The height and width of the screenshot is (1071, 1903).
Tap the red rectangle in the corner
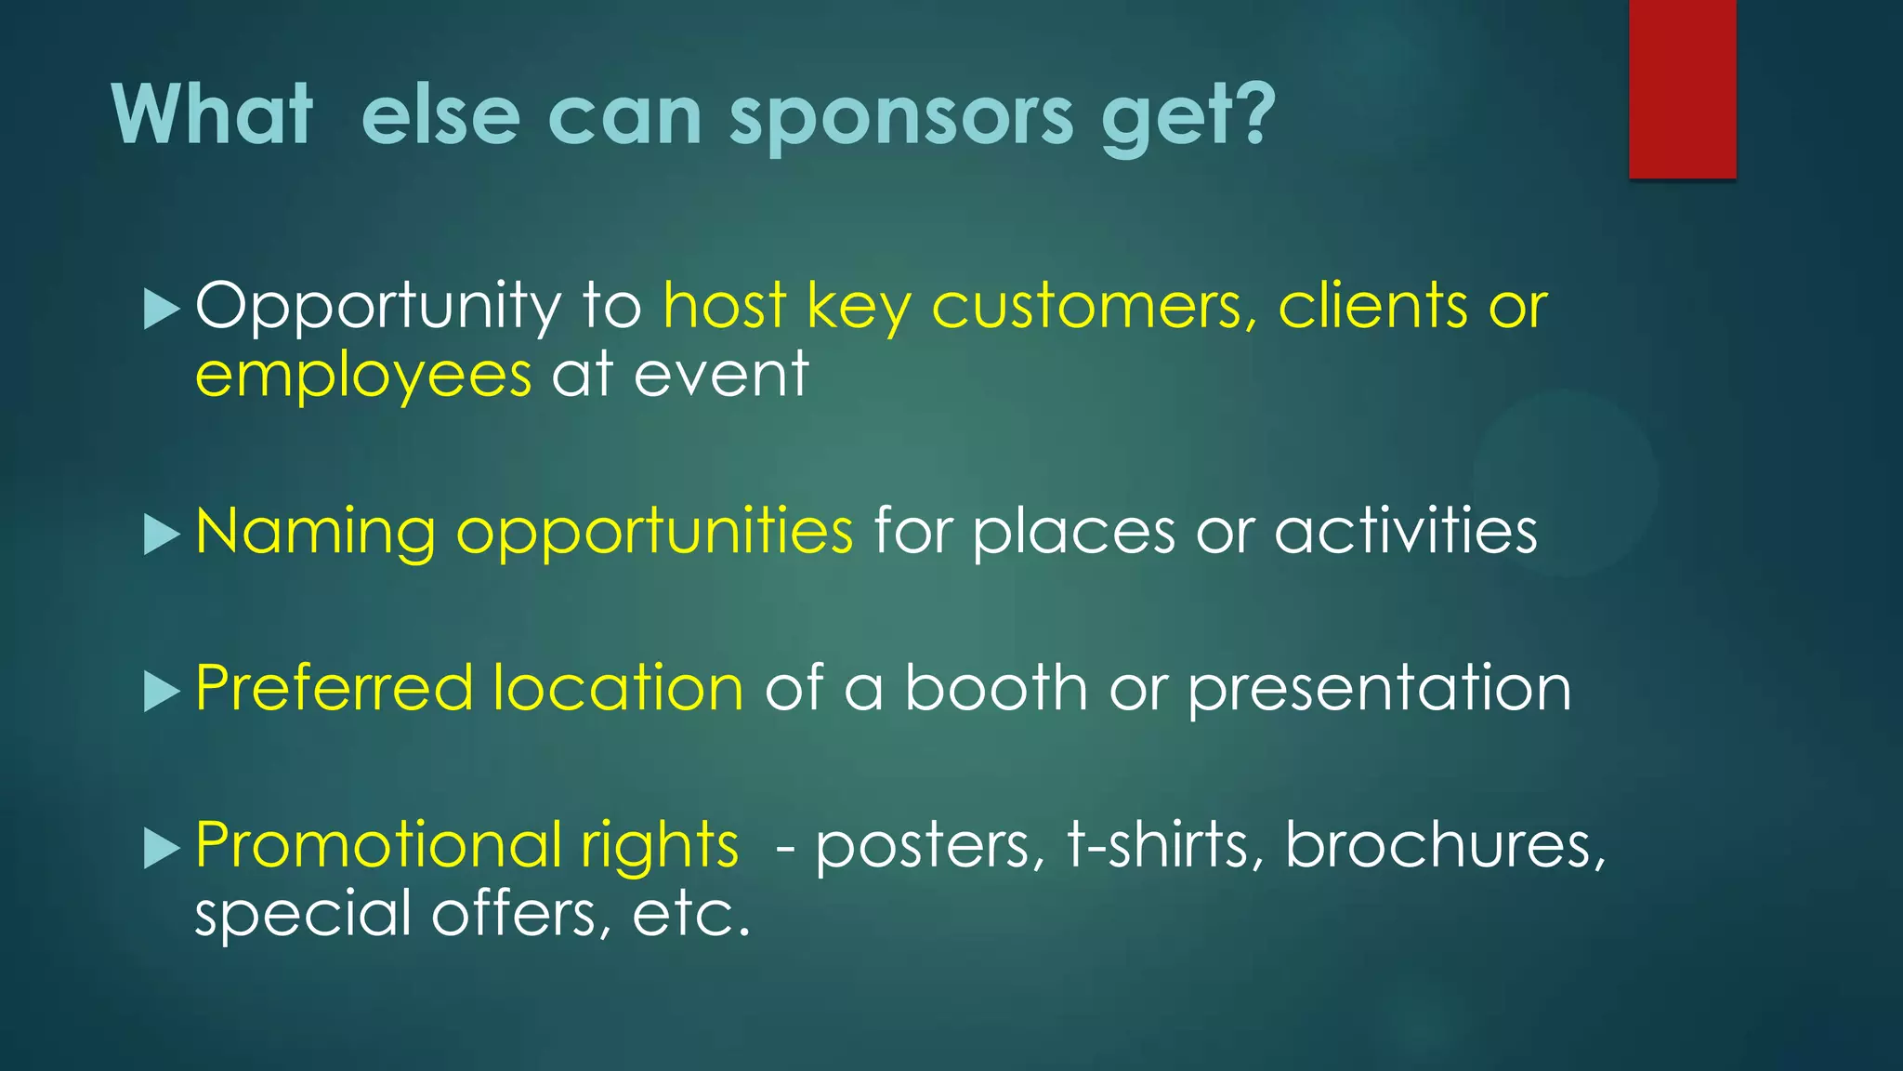(1682, 88)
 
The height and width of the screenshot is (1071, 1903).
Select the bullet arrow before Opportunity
(162, 309)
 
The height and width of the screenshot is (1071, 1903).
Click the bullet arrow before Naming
(162, 535)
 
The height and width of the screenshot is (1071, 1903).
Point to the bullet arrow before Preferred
(162, 692)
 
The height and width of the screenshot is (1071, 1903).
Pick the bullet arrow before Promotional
(162, 848)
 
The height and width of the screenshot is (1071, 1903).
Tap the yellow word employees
(363, 376)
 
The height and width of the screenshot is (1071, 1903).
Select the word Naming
(315, 532)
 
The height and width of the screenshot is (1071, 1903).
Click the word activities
(1405, 532)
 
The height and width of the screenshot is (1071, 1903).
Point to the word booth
(996, 689)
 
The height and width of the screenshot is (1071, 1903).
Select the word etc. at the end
(690, 914)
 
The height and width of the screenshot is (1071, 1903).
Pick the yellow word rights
(659, 847)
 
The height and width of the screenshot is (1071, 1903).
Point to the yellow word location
(618, 689)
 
